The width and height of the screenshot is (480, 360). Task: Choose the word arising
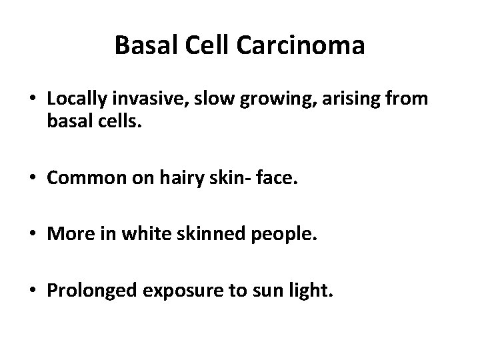click(318, 99)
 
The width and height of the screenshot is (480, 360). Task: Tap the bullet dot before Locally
click(34, 99)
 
